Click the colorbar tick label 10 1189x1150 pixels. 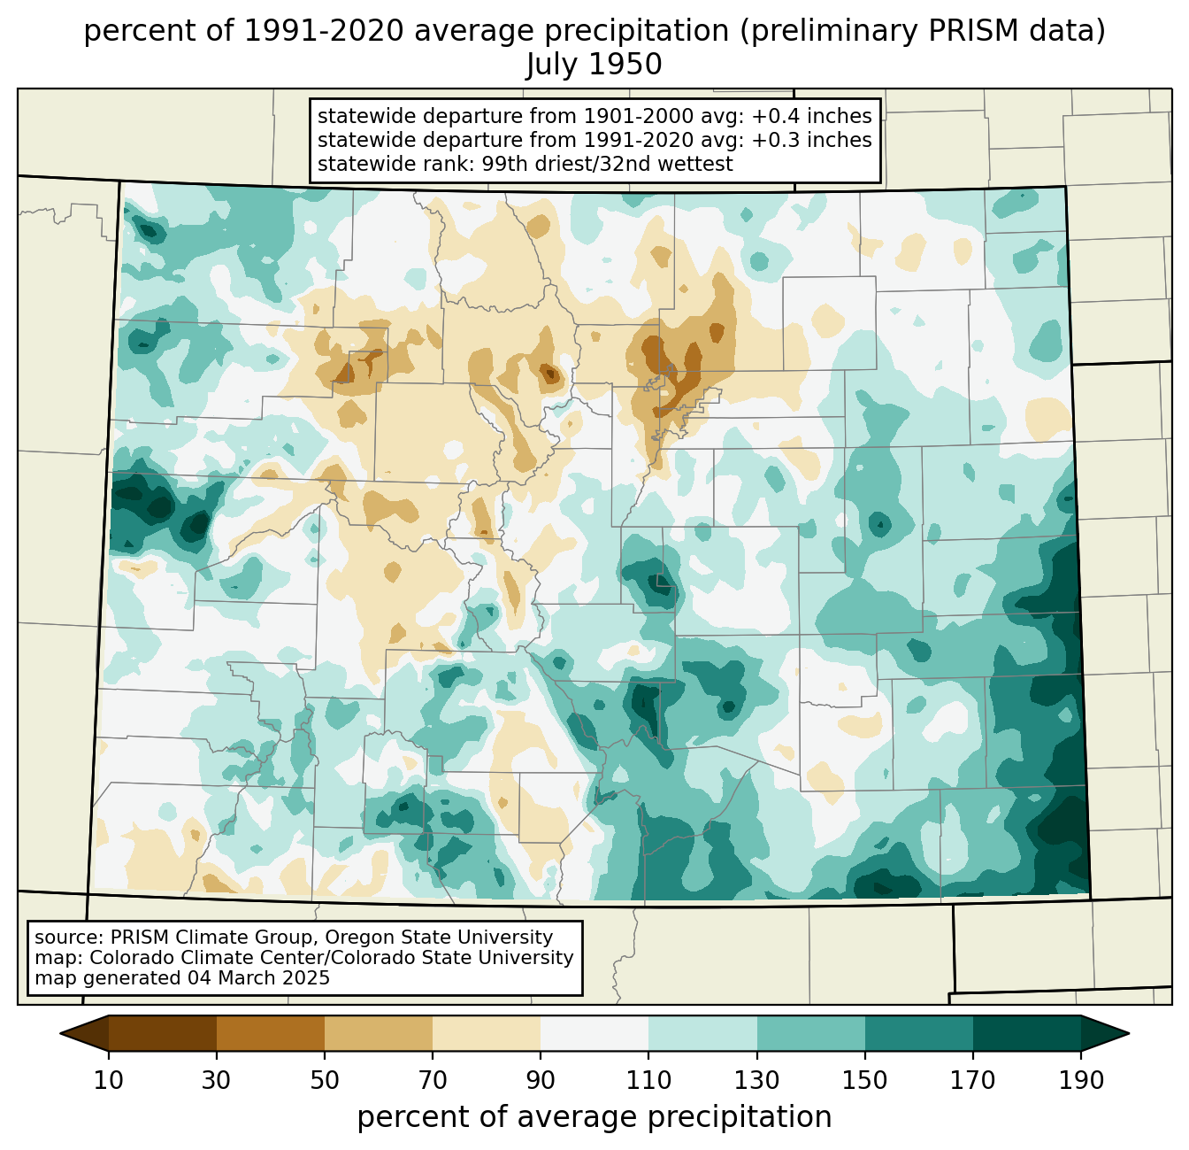point(108,1080)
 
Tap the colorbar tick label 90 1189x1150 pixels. point(541,1080)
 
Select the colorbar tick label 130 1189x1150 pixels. point(756,1080)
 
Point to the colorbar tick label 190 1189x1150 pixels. point(1081,1080)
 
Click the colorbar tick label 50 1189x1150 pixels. point(325,1080)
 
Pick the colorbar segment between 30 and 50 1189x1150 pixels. point(270,1033)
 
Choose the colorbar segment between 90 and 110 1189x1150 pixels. point(594,1033)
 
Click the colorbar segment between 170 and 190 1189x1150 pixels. point(1026,1033)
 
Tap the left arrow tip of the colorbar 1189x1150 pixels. point(60,1033)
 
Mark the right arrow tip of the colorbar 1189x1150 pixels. point(1129,1033)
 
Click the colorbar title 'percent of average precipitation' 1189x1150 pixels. point(594,1117)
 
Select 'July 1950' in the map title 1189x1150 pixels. point(594,64)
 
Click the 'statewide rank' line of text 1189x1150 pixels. point(525,164)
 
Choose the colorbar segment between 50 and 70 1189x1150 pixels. point(379,1033)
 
